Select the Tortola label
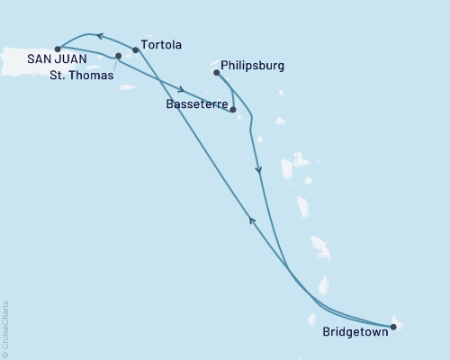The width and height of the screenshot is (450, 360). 163,44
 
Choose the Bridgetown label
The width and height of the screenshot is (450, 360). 356,331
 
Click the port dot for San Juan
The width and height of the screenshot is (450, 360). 58,49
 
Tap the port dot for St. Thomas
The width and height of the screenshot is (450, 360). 119,56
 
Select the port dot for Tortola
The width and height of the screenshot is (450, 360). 136,50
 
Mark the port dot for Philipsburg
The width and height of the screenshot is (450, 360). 217,72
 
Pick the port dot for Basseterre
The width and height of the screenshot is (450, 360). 233,110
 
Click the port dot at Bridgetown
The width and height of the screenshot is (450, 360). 393,327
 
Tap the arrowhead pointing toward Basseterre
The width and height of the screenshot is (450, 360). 183,90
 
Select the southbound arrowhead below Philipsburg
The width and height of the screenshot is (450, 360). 259,170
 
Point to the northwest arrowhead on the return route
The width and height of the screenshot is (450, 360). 251,220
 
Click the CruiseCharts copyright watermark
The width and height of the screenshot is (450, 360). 5,329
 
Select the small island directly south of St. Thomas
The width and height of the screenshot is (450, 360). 128,87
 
